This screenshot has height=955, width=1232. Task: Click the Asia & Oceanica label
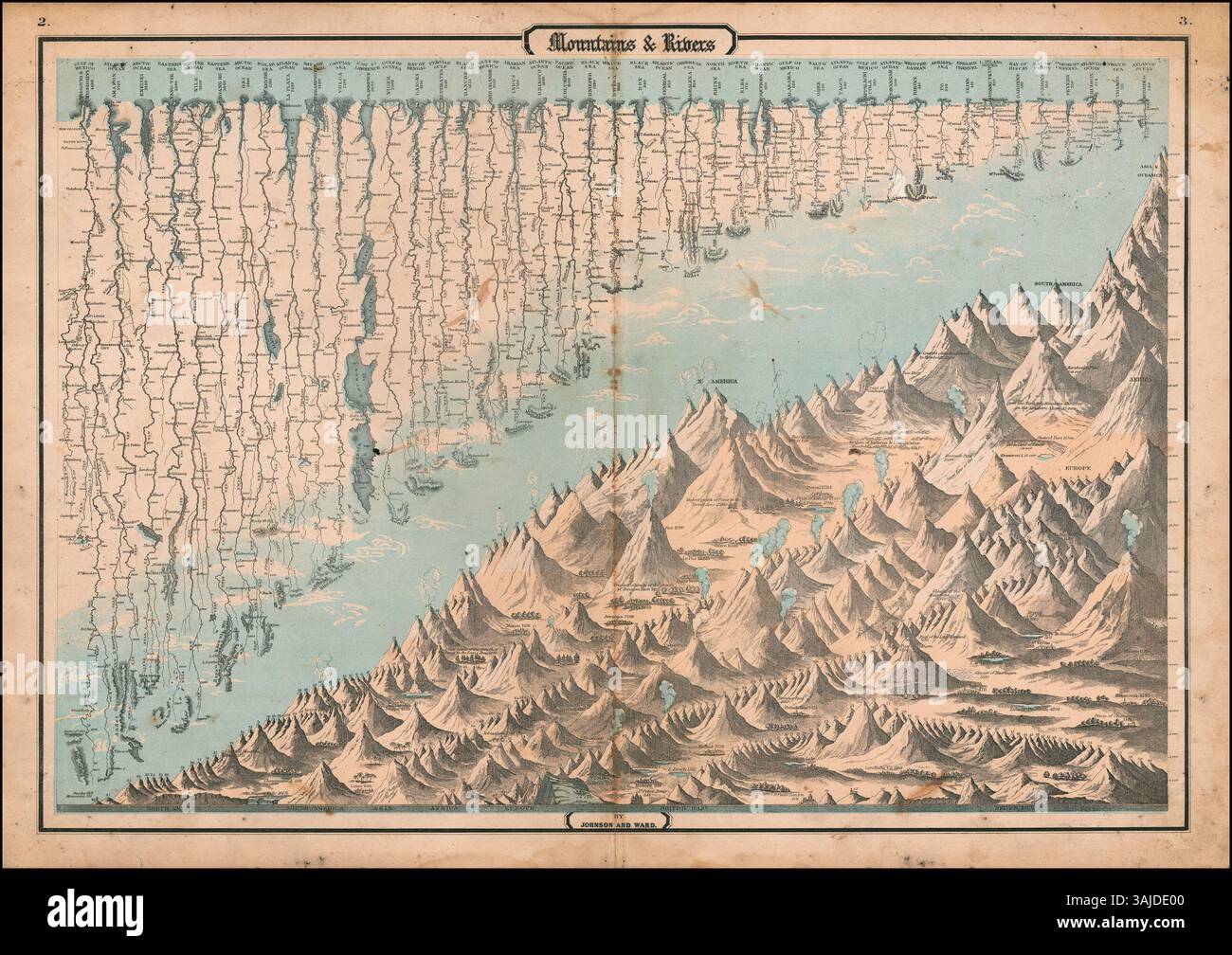coord(1149,168)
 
